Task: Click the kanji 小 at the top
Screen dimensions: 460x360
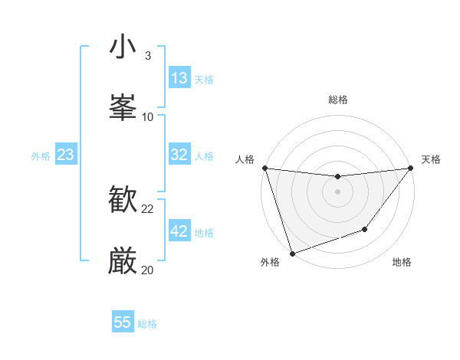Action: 123,47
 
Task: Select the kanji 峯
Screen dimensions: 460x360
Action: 123,107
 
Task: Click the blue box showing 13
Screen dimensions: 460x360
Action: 179,78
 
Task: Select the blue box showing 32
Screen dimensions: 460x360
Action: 179,155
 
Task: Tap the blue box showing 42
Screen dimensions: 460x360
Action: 179,231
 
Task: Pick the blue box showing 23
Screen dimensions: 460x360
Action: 65,155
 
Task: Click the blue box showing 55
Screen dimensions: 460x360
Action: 123,322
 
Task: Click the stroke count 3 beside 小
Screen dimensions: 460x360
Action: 148,56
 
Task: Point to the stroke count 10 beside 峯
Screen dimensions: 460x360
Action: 148,116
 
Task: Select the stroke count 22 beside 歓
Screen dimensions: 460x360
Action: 148,209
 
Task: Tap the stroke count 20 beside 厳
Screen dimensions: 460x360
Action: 148,270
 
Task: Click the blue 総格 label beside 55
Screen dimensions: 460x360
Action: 147,324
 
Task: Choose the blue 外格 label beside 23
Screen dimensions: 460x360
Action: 41,156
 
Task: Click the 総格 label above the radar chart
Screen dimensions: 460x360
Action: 338,100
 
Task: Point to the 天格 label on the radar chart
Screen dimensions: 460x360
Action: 431,159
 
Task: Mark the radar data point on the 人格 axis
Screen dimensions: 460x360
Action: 264,168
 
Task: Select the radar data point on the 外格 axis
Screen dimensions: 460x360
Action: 292,253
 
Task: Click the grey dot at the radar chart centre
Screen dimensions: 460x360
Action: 337,191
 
